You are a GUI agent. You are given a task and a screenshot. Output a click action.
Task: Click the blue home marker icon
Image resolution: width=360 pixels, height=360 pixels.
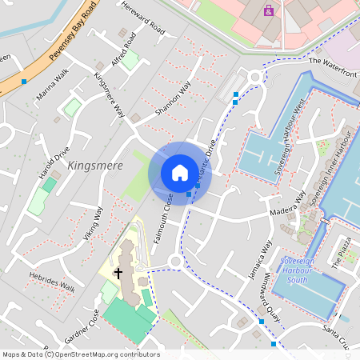tap(180, 173)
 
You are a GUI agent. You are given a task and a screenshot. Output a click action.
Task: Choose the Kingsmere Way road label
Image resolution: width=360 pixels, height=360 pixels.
tap(110, 95)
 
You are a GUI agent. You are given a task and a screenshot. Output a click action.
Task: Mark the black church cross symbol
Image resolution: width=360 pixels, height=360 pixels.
tap(118, 273)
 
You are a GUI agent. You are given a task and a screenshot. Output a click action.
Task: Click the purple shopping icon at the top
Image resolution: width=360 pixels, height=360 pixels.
tap(268, 10)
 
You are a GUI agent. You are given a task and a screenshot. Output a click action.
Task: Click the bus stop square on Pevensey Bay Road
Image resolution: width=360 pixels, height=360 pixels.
tap(24, 82)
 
